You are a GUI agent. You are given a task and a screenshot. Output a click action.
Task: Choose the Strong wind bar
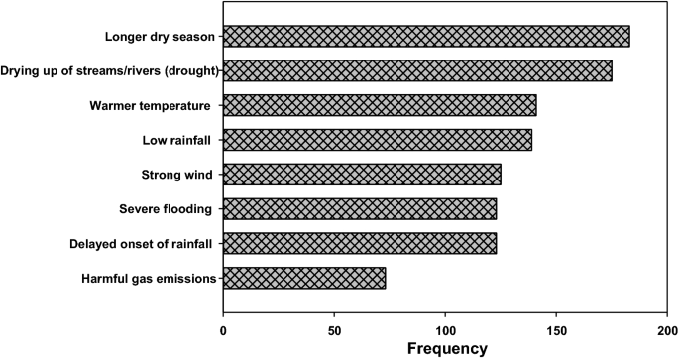pos(362,175)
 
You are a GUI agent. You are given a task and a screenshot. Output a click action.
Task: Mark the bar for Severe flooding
pos(360,209)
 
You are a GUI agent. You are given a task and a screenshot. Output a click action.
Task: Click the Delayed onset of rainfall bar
pos(360,243)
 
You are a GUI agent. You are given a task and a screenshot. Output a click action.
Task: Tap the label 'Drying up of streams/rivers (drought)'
pos(109,71)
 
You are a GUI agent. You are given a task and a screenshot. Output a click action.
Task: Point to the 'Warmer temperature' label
pos(150,106)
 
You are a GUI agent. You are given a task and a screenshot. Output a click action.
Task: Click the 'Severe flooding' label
pos(164,209)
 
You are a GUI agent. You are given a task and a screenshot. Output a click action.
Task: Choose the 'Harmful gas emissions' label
pos(149,279)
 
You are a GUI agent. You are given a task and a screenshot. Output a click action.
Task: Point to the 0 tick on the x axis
pos(223,327)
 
